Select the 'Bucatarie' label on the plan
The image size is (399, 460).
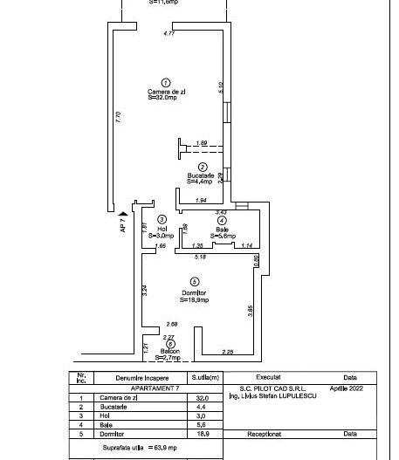pos(201,175)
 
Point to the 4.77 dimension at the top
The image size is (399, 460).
pos(169,34)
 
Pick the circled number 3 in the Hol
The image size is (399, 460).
pos(162,219)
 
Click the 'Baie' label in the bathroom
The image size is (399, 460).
pos(222,229)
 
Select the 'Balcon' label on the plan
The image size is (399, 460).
pos(169,351)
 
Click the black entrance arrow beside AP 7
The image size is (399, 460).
pos(124,210)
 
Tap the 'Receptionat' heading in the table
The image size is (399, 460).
pos(266,433)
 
